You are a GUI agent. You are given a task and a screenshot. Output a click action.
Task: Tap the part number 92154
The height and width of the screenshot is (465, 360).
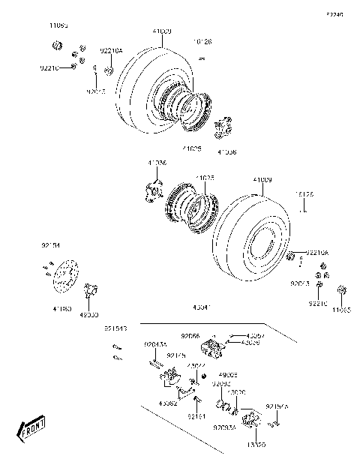(x=50, y=244)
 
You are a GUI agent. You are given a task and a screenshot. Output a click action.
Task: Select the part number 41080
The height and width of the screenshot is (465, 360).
(x=62, y=307)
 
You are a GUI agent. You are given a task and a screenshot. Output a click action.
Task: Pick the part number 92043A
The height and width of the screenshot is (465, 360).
(x=154, y=344)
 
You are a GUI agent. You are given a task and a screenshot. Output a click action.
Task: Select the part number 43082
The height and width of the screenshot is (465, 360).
(x=167, y=403)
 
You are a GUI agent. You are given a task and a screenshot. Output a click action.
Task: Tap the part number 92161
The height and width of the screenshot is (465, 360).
(x=196, y=415)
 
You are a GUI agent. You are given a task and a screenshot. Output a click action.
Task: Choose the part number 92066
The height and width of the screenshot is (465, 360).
(x=190, y=337)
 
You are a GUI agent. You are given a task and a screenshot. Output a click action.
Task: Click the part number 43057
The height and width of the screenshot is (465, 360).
(x=254, y=335)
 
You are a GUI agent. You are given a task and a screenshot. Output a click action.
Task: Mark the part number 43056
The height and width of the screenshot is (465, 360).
(x=251, y=343)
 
